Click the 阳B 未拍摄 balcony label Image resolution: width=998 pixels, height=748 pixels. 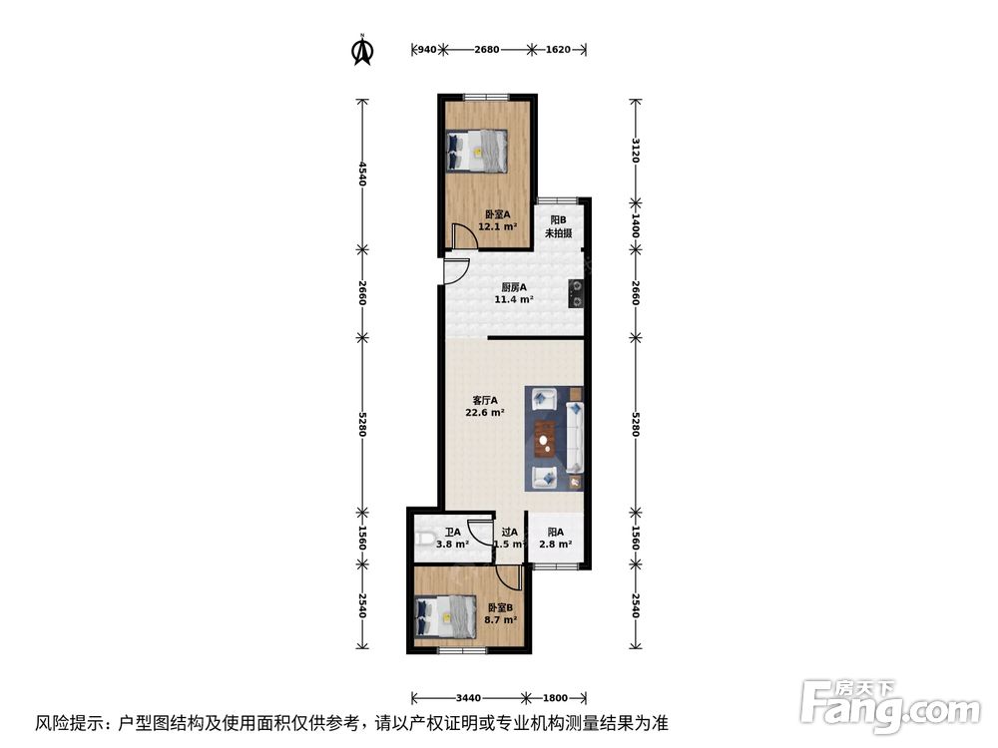point(558,227)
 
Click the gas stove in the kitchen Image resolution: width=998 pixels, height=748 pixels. point(576,292)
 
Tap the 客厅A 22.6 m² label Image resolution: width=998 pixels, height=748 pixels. point(485,405)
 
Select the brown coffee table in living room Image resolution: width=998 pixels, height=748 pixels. point(545,436)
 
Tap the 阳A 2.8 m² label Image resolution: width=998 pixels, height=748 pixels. point(555,538)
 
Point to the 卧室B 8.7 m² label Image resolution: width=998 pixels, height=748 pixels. point(501,613)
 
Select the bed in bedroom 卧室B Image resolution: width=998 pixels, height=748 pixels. point(443,613)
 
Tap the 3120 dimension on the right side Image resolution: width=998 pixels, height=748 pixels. point(635,150)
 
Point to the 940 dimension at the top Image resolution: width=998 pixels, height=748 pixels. point(425,49)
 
